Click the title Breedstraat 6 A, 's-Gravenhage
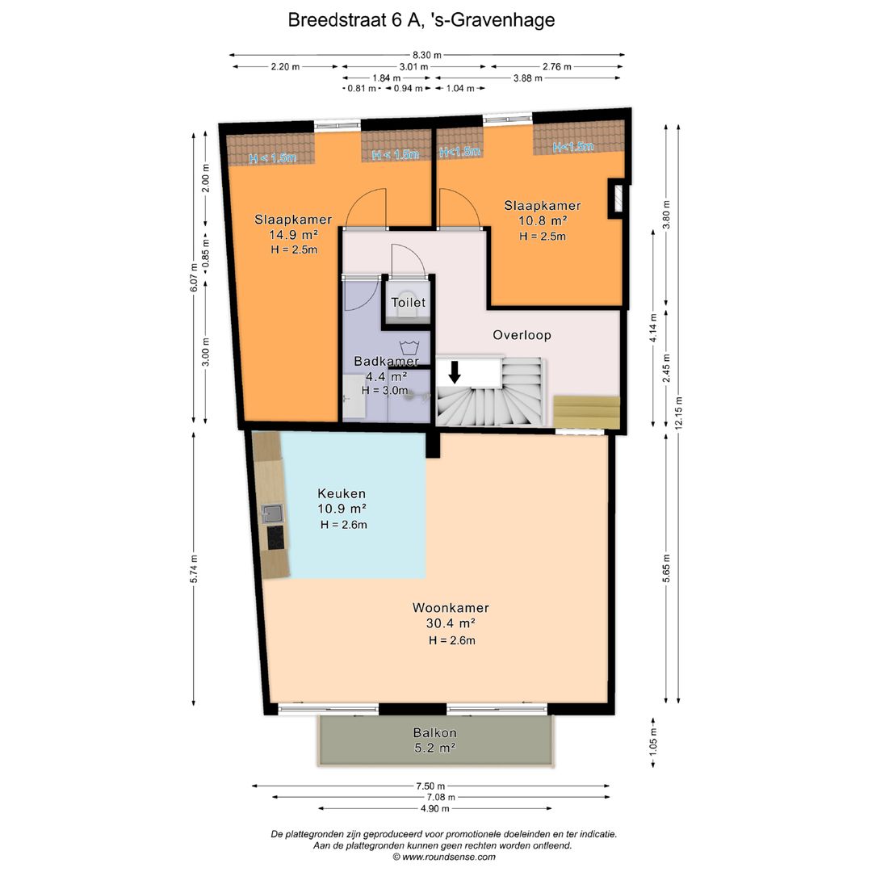421,20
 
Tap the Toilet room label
409,303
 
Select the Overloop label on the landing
522,335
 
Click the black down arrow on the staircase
455,372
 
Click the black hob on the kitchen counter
276,537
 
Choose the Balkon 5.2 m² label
435,740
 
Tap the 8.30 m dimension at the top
427,55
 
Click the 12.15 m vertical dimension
678,413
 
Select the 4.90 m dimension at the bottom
434,808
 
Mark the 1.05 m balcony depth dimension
653,740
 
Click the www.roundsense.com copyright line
444,857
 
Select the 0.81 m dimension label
362,89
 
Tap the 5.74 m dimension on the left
194,569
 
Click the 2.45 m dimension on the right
666,368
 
